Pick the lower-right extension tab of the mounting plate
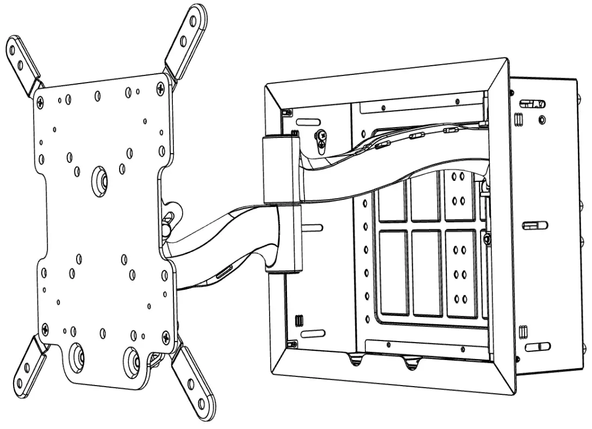tap(195, 383)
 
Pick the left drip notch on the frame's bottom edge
tap(356, 359)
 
